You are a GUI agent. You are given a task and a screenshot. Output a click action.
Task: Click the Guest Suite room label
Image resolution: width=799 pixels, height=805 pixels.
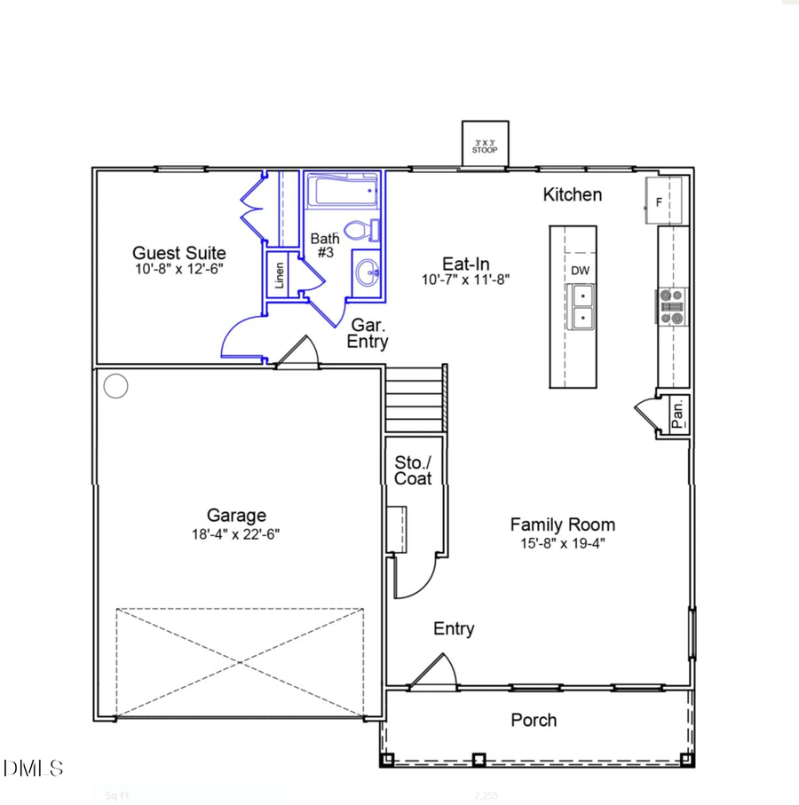coord(178,253)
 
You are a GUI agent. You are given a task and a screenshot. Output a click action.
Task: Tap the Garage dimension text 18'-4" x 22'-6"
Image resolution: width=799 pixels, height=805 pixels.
coord(236,533)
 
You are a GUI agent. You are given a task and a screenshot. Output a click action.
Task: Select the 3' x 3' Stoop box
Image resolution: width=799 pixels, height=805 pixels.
coord(485,143)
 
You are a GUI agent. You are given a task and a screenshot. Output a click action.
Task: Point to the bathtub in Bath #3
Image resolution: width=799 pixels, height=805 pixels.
coord(343,190)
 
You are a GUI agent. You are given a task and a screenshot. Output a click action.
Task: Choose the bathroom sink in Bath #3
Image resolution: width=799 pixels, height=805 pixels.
coord(366,272)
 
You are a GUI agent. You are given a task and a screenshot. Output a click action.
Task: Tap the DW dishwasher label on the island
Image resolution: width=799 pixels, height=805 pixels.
coord(580,270)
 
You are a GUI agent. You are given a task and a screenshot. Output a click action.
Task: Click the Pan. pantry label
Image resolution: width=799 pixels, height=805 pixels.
coord(677,413)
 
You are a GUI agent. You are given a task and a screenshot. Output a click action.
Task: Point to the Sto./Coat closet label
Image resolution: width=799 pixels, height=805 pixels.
coord(413,470)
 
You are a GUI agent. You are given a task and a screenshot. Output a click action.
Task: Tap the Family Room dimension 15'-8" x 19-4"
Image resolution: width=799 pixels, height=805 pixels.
coord(562,544)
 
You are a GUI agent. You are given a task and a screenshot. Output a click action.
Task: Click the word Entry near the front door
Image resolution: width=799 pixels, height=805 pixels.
coord(454,628)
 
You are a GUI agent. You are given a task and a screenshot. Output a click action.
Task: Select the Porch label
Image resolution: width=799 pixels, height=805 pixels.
coord(534,720)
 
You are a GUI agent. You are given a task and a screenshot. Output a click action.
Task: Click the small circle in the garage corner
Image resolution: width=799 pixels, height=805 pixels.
coord(115,386)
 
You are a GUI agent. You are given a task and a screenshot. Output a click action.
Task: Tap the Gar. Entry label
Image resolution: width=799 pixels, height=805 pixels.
coord(367,333)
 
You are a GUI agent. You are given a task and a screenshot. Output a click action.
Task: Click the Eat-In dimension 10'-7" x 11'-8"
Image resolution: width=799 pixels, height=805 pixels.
coord(465,280)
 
